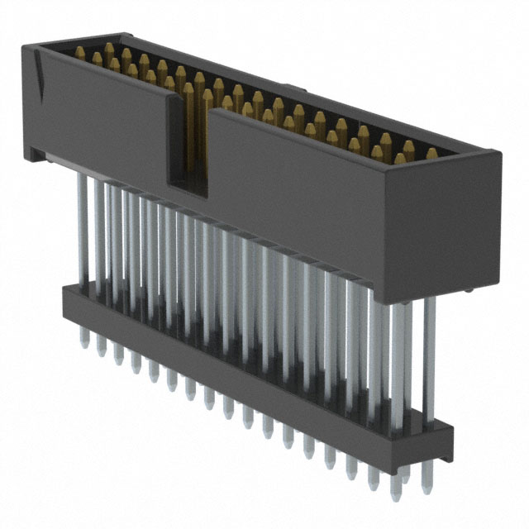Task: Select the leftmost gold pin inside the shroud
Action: (80, 52)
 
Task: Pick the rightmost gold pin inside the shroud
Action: (431, 154)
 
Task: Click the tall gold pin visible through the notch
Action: (188, 124)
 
